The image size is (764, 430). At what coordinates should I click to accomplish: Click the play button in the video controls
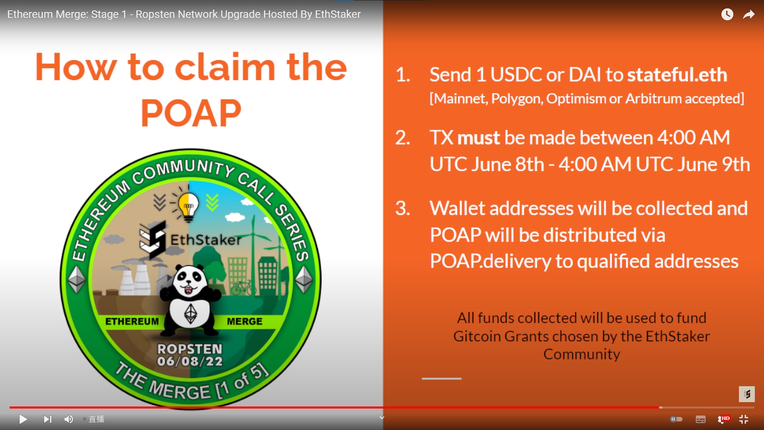23,419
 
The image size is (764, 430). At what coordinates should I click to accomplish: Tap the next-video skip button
48,419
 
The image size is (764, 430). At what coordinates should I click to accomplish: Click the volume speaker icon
69,419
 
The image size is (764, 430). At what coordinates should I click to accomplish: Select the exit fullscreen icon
744,419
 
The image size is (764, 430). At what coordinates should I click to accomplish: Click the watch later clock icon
727,14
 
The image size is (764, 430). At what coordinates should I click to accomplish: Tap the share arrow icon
749,15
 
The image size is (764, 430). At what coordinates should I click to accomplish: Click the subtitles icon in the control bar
701,419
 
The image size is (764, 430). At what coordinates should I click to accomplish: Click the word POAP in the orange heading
191,113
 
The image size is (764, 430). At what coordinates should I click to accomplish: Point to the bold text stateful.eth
677,75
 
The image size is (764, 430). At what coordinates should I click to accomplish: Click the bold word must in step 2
478,138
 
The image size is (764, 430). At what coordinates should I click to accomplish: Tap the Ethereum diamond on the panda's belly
191,314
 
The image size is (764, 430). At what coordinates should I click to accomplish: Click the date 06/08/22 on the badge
190,362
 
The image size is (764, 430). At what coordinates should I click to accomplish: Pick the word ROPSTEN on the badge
190,349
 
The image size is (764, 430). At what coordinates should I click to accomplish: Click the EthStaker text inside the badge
206,240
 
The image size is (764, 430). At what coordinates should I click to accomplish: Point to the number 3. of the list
403,208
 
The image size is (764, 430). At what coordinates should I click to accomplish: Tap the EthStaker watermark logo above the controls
747,394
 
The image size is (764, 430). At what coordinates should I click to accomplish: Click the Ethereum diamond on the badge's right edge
304,279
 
